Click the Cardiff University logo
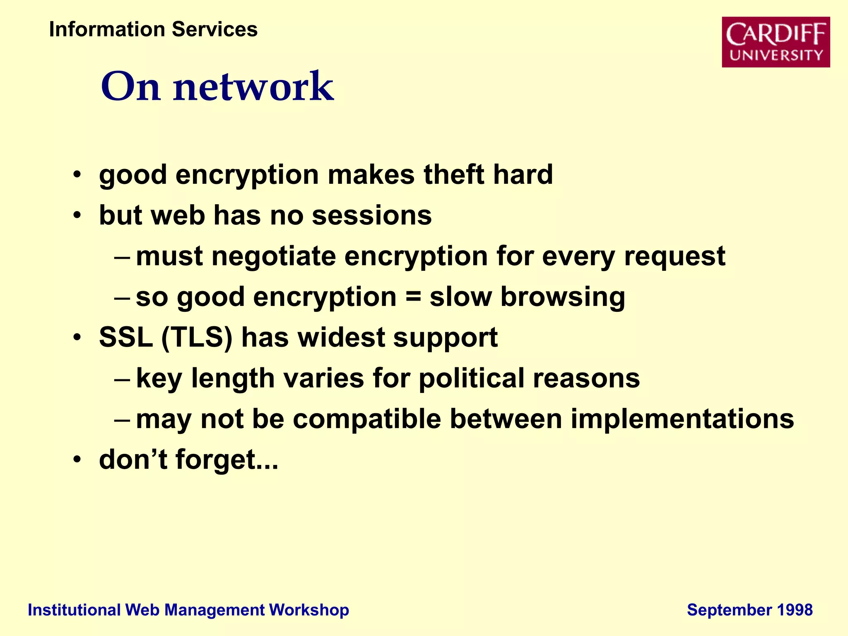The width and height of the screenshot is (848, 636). pyautogui.click(x=776, y=42)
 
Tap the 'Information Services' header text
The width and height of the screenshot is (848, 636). pyautogui.click(x=153, y=29)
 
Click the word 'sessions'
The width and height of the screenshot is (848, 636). pyautogui.click(x=371, y=215)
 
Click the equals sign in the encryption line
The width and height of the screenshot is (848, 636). pyautogui.click(x=413, y=297)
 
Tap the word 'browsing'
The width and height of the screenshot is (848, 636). pyautogui.click(x=563, y=297)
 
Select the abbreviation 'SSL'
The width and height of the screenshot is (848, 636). pyautogui.click(x=125, y=337)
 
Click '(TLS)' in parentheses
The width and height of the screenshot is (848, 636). pyautogui.click(x=197, y=337)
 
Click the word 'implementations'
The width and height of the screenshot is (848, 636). pyautogui.click(x=682, y=419)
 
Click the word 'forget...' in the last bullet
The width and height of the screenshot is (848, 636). pyautogui.click(x=226, y=460)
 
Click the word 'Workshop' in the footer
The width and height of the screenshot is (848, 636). pyautogui.click(x=309, y=610)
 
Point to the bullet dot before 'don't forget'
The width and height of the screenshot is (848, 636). pyautogui.click(x=77, y=460)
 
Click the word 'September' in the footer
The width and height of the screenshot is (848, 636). pyautogui.click(x=729, y=610)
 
